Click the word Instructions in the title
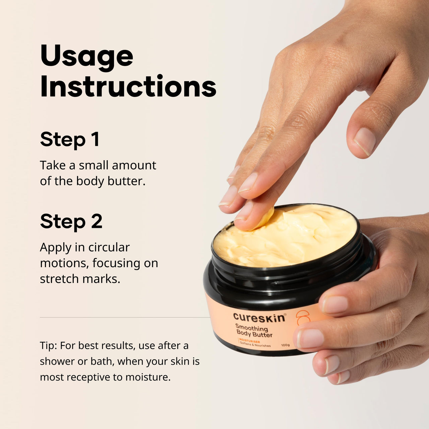click(x=128, y=86)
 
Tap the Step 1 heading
click(x=70, y=139)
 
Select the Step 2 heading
click(x=71, y=222)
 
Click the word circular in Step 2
click(x=109, y=247)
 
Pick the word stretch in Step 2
click(x=57, y=279)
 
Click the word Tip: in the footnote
click(x=49, y=346)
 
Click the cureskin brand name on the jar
click(x=259, y=317)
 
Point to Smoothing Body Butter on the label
click(x=254, y=331)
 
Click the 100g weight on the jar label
click(x=286, y=345)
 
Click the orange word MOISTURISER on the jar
click(x=250, y=341)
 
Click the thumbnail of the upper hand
click(x=365, y=141)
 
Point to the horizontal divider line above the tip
click(x=124, y=317)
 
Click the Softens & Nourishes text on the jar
click(x=255, y=345)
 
